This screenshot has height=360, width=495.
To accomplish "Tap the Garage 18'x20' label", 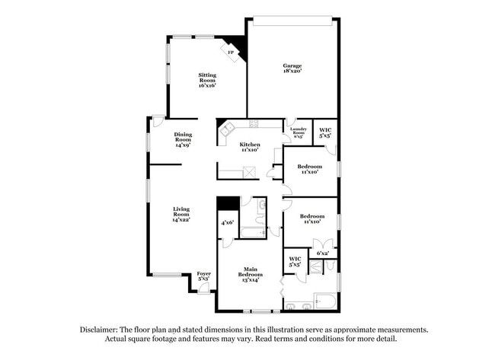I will coord(292,68).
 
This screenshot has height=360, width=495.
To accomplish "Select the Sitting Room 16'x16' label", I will coord(207,80).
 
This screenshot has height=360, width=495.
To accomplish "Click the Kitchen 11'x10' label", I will coord(250,147).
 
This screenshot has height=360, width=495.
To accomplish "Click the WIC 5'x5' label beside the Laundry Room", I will coord(325,132).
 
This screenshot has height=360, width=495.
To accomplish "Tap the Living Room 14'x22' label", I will coord(180,214).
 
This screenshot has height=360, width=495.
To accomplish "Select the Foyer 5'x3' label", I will coord(203,276).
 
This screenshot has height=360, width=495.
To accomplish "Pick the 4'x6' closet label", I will coord(227,223).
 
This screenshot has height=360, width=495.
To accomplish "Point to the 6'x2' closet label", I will coord(322,253).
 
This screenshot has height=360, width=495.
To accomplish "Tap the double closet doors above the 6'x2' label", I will coord(322,244).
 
